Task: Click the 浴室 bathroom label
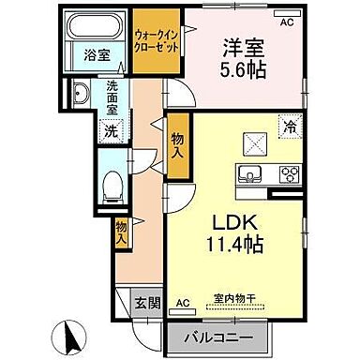97,54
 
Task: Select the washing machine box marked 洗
111,130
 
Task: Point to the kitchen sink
252,172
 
